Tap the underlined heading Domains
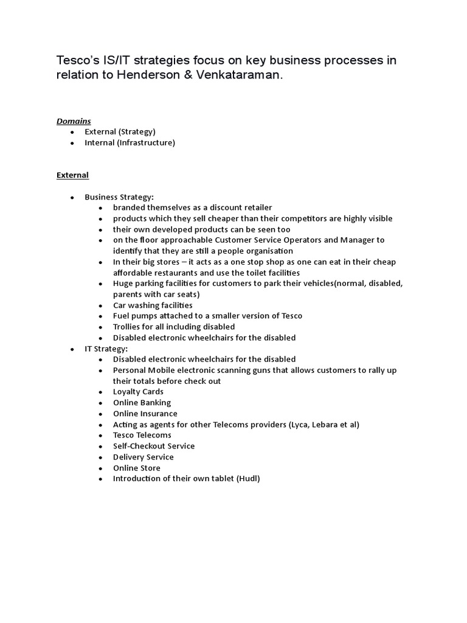(x=74, y=121)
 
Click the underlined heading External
(x=72, y=175)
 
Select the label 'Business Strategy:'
(x=119, y=197)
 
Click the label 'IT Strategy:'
(x=106, y=349)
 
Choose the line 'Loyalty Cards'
(x=138, y=392)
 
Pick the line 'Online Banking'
(x=142, y=403)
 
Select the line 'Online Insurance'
(x=145, y=414)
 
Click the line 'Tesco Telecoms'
(x=142, y=436)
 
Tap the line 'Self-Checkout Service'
(x=154, y=446)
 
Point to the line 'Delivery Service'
(x=144, y=457)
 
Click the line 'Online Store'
(x=137, y=468)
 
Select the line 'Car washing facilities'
(x=153, y=305)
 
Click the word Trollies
(x=127, y=327)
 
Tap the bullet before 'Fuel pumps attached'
(x=100, y=316)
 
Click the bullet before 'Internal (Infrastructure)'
(x=72, y=143)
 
